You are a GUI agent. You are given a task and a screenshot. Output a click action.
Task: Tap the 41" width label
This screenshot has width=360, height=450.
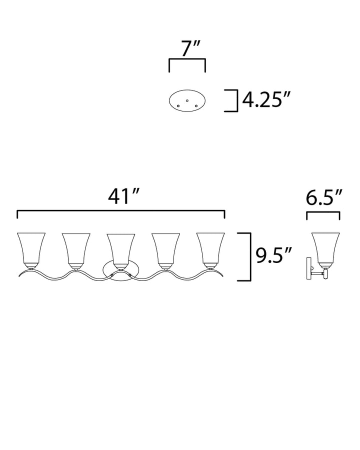[123, 197]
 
